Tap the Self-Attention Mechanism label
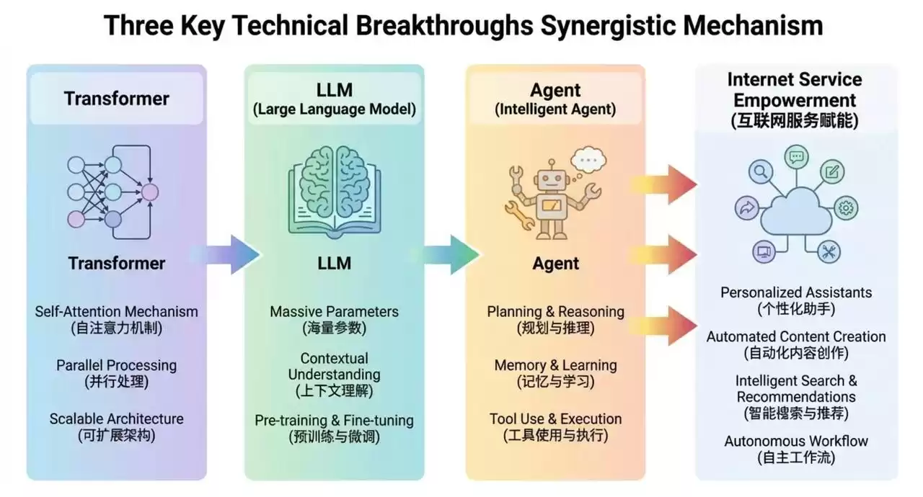pyautogui.click(x=116, y=312)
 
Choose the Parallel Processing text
pyautogui.click(x=116, y=365)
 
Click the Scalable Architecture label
pyautogui.click(x=116, y=418)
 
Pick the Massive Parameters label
pyautogui.click(x=334, y=312)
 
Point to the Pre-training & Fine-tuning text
pyautogui.click(x=334, y=420)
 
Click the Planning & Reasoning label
pyautogui.click(x=555, y=312)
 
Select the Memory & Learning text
pyautogui.click(x=555, y=365)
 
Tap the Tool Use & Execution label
pyautogui.click(x=555, y=418)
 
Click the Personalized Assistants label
pyautogui.click(x=796, y=292)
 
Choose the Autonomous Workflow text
pyautogui.click(x=796, y=441)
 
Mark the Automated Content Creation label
pyautogui.click(x=796, y=336)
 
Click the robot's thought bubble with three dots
pyautogui.click(x=588, y=158)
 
